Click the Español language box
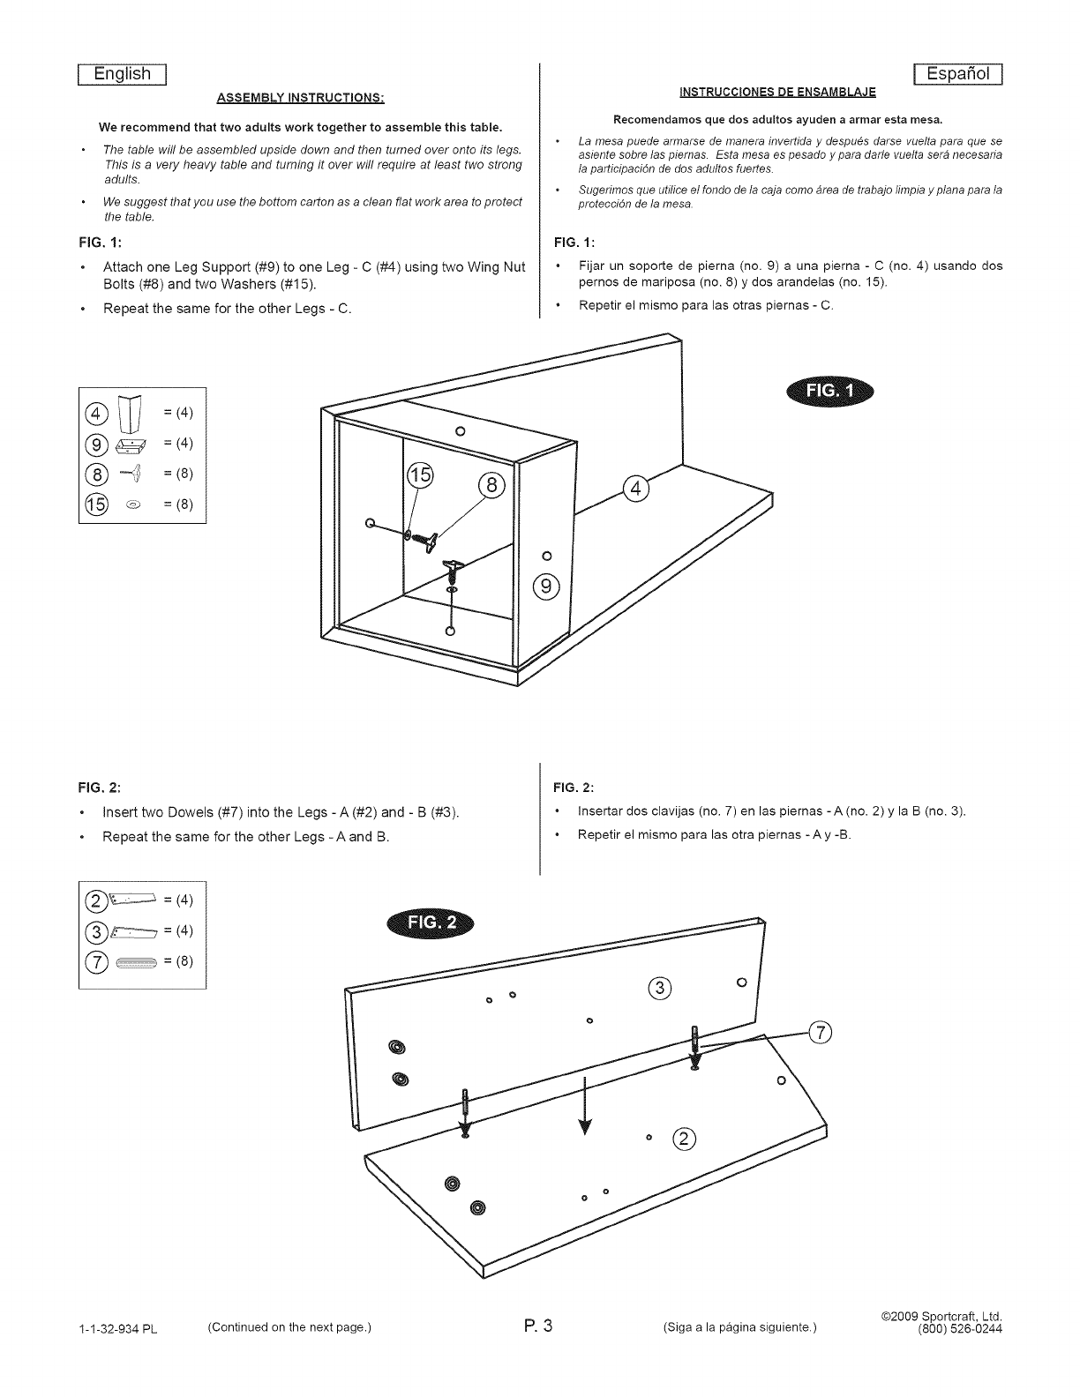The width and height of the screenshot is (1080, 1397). coord(957,73)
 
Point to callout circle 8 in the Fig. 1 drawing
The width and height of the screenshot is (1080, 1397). coord(492,486)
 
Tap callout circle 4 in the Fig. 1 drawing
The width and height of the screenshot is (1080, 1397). coord(636,489)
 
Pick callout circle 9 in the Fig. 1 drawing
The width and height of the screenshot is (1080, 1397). coord(546,586)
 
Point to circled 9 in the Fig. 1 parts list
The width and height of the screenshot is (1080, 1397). coord(95,444)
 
